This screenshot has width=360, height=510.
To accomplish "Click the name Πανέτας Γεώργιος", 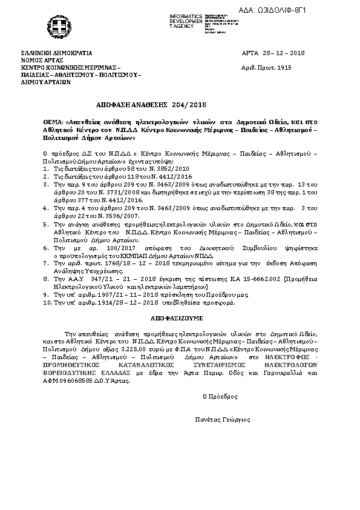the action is click(x=223, y=419).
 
